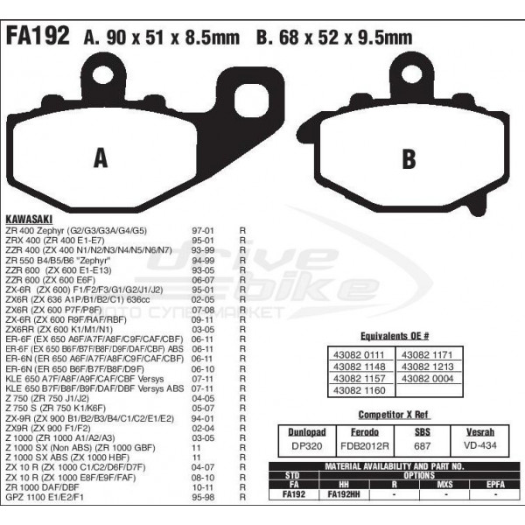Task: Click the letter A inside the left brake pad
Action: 101,157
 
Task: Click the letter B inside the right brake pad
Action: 408,159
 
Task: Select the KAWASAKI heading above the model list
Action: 32,216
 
